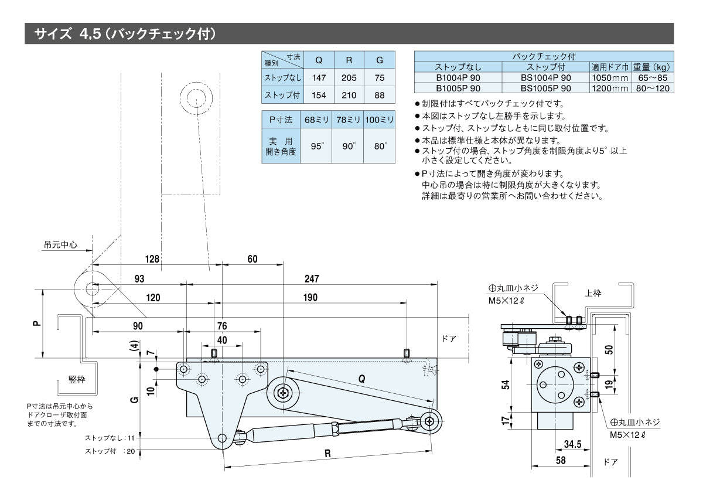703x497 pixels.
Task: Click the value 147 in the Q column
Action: (x=319, y=77)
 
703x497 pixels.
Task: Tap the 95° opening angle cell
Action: (x=317, y=146)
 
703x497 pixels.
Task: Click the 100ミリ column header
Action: (x=380, y=119)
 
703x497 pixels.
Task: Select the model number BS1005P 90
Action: (x=546, y=88)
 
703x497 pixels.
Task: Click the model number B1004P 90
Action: (x=458, y=77)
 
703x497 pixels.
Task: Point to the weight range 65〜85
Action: (x=653, y=77)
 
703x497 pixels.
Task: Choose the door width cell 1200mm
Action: (x=610, y=88)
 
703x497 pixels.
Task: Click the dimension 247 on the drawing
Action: (x=311, y=278)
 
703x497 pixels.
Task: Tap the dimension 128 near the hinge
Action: (x=153, y=258)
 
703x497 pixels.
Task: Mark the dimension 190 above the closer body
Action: (x=310, y=298)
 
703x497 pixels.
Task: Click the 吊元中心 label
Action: (x=60, y=245)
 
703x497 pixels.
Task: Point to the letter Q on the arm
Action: (x=361, y=379)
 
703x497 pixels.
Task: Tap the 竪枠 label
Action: (x=77, y=379)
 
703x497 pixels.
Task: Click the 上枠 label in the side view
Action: (x=593, y=293)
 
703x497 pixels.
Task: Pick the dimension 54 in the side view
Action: (x=506, y=384)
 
